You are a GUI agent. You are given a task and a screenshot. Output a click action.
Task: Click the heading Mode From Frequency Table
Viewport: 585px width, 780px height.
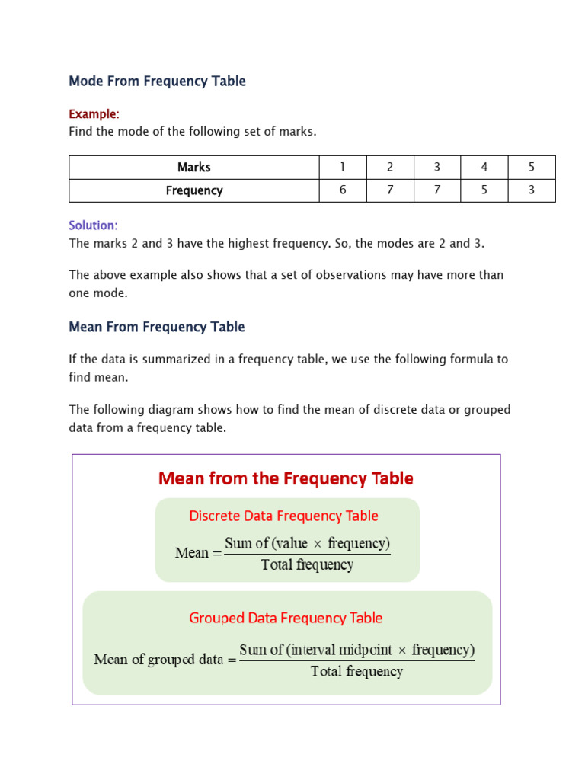pos(157,82)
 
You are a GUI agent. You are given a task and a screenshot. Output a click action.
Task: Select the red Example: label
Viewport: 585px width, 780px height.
pos(94,114)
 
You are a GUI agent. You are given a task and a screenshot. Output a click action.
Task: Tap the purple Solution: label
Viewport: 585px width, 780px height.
pos(93,225)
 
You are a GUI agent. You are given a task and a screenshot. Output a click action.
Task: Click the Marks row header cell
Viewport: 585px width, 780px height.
pos(193,168)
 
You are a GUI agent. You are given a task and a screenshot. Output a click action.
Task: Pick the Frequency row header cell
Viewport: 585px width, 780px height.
pos(193,190)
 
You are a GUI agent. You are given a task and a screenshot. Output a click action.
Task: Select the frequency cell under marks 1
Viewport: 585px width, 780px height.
pos(343,190)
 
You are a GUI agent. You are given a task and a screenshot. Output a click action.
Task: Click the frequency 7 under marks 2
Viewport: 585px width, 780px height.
pos(390,190)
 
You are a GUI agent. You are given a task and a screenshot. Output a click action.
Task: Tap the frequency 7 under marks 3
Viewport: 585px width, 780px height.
pos(437,190)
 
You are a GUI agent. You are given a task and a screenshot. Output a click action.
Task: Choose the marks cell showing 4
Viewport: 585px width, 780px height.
pos(484,168)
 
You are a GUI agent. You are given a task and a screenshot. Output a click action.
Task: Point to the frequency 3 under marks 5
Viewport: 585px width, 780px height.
pos(532,190)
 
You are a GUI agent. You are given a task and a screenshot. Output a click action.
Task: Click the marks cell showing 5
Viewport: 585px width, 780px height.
pos(532,168)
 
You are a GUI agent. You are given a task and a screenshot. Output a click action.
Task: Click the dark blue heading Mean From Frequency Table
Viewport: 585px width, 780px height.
pos(157,328)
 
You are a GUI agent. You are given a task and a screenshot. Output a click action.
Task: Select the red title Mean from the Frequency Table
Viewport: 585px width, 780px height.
pos(286,478)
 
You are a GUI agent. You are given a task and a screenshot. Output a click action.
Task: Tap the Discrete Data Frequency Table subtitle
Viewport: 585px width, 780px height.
pos(283,516)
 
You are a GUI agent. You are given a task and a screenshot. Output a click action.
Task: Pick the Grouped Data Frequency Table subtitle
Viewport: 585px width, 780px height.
pos(286,618)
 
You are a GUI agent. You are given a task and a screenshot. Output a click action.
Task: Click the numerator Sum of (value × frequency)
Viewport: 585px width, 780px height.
pos(307,544)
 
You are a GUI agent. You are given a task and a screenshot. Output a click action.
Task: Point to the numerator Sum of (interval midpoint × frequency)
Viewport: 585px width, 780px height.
pos(356,651)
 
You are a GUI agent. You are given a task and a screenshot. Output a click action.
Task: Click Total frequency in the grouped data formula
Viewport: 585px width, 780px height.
pos(356,671)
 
